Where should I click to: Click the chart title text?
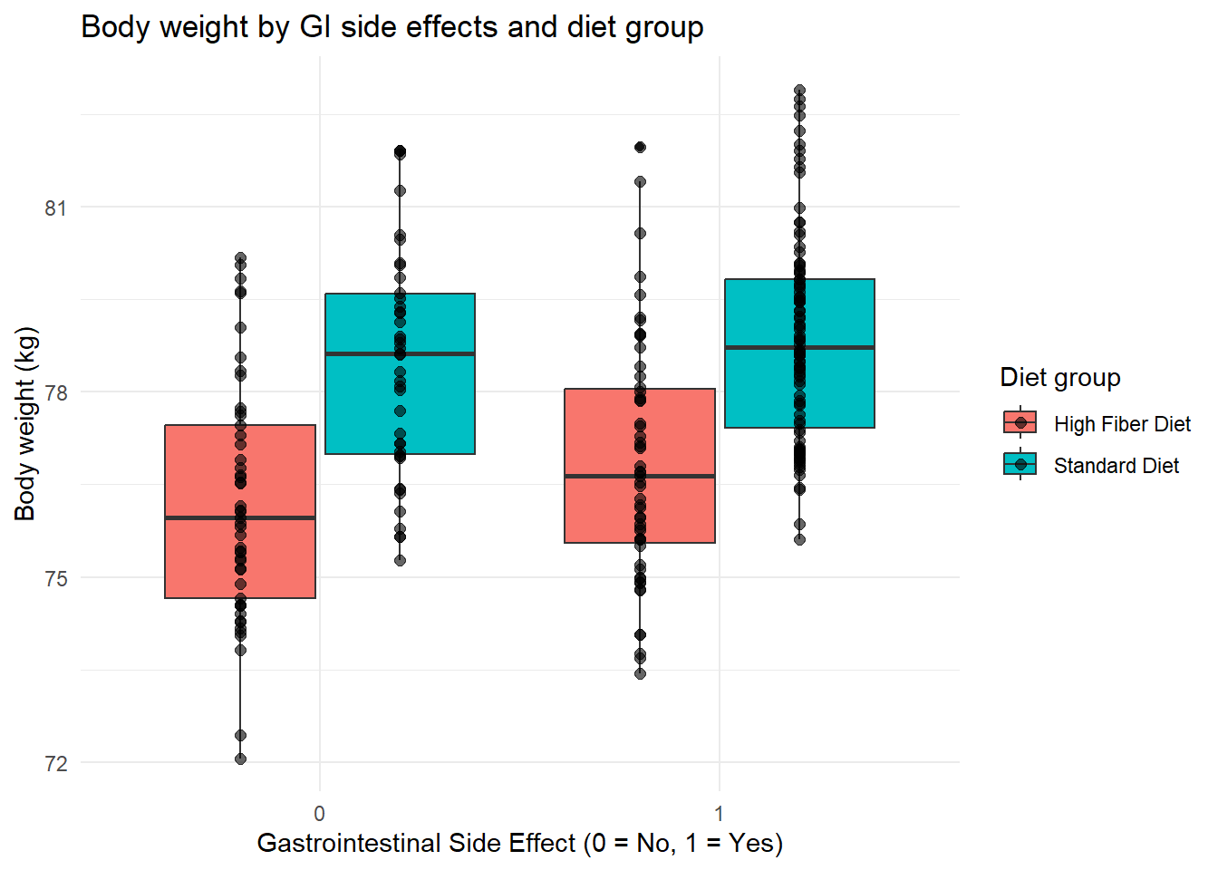coord(391,27)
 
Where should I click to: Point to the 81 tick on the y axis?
coord(56,208)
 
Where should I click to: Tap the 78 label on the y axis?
coord(56,393)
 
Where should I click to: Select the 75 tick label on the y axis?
coord(56,579)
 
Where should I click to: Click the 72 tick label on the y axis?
coord(56,764)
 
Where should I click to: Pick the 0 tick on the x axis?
coord(319,813)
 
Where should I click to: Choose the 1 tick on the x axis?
coord(719,813)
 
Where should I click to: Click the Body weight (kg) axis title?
coord(25,423)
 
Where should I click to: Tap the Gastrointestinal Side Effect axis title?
coord(519,843)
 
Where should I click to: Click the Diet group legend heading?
coord(1059,377)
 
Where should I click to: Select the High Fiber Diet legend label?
coord(1121,424)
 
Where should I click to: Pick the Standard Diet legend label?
coord(1116,466)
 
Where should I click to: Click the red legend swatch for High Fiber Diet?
coord(1020,423)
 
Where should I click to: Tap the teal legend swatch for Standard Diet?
coord(1020,465)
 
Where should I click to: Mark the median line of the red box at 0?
coord(240,517)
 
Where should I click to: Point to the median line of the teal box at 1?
coord(799,347)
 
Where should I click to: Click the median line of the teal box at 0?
coord(400,353)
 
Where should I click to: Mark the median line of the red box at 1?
coord(640,476)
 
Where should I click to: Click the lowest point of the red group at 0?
coord(240,759)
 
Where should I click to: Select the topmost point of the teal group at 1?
coord(799,91)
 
